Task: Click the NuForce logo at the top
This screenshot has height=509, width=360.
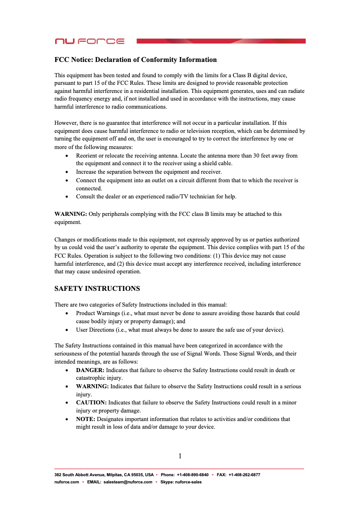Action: (89, 41)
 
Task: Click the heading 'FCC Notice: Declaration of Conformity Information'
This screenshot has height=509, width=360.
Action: (136, 60)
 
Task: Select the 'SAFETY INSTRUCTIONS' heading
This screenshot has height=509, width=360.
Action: (97, 288)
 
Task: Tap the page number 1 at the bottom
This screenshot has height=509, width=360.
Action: (180, 456)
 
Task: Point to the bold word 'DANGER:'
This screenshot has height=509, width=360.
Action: (90, 370)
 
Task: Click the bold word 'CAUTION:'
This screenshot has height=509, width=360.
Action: (91, 402)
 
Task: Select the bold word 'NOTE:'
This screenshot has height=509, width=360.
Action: (86, 419)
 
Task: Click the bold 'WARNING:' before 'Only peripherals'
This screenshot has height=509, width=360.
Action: (70, 214)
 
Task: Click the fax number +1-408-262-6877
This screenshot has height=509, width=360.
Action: (244, 474)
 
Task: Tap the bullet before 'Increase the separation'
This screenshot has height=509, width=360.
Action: (67, 172)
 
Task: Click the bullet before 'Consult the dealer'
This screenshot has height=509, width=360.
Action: (67, 197)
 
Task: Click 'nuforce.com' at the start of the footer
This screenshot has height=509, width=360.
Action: (66, 482)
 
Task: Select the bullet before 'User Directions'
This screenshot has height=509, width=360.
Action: (67, 330)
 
